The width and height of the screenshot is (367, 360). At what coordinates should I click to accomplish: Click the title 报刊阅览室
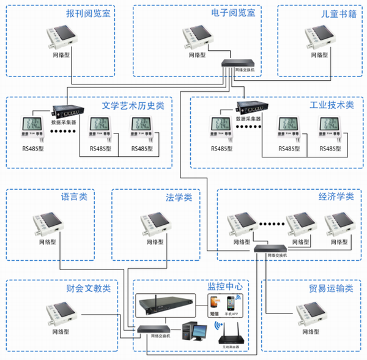pos(88,13)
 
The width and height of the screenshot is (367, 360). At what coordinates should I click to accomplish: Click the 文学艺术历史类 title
pos(133,105)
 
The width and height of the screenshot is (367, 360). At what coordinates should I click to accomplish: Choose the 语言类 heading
pos(74,198)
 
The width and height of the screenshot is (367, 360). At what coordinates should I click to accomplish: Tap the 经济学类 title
pos(336,197)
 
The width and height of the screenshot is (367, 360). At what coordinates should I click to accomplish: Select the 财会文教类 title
pos(88,288)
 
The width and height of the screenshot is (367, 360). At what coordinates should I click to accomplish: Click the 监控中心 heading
pos(226,286)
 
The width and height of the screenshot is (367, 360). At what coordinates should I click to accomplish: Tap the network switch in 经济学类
pos(270,248)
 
